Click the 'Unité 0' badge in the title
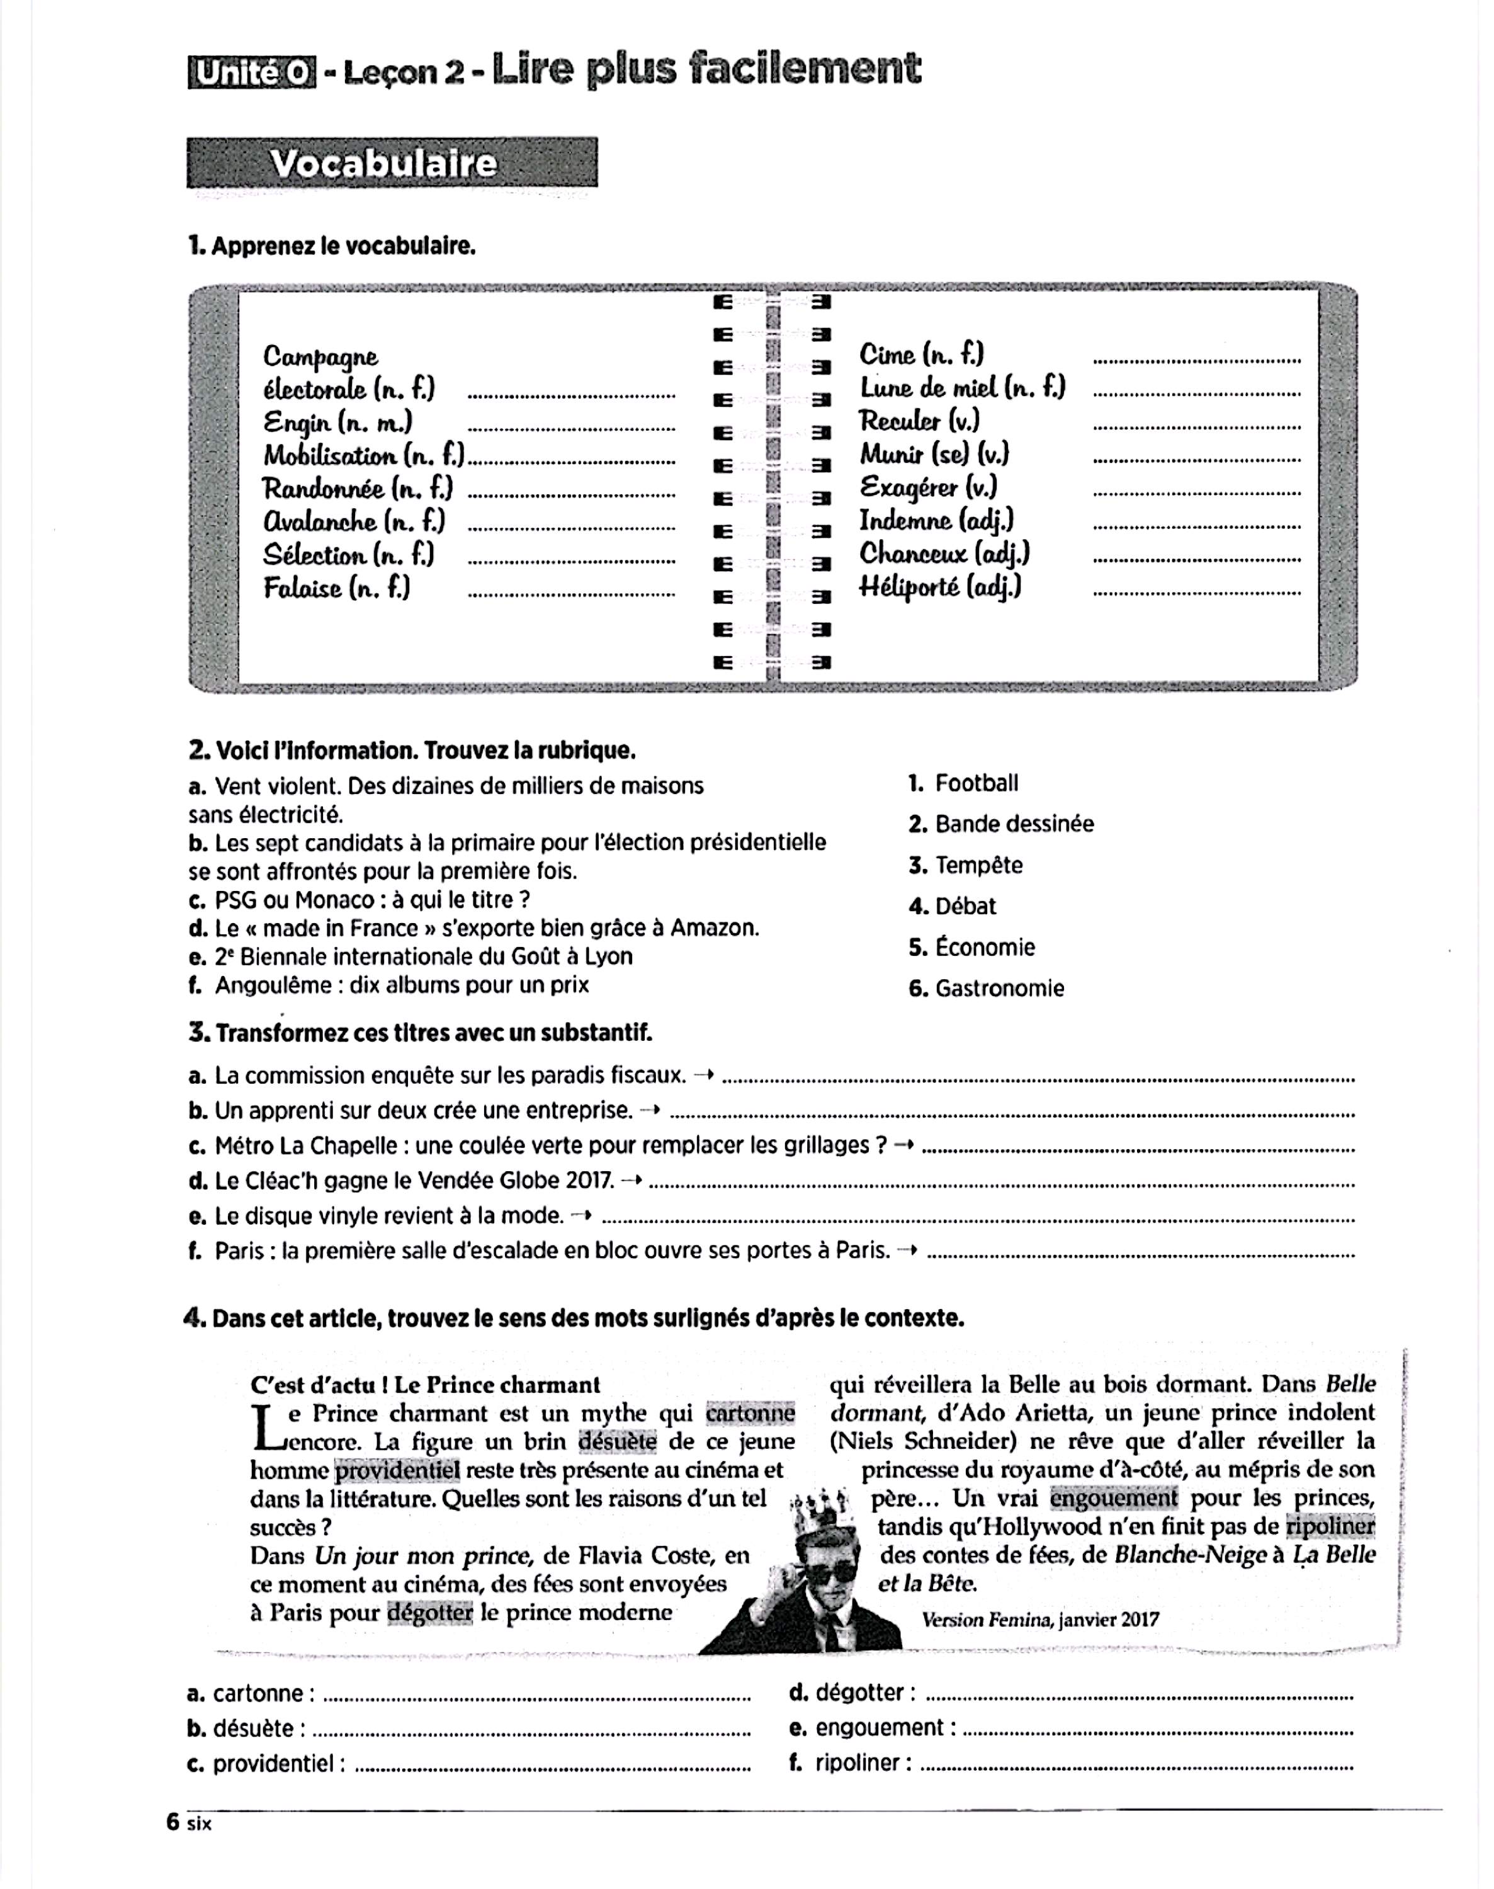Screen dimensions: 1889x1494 tap(251, 74)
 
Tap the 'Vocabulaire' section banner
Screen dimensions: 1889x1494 tap(391, 164)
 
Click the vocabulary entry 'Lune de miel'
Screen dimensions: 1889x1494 tap(961, 388)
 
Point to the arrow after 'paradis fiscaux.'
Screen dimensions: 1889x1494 tap(703, 1075)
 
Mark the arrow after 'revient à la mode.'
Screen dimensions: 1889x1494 tap(581, 1215)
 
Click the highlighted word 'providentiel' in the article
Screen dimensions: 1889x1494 tap(397, 1471)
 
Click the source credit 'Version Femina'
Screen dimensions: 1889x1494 tap(987, 1620)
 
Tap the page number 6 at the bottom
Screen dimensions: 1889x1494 tap(173, 1822)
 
